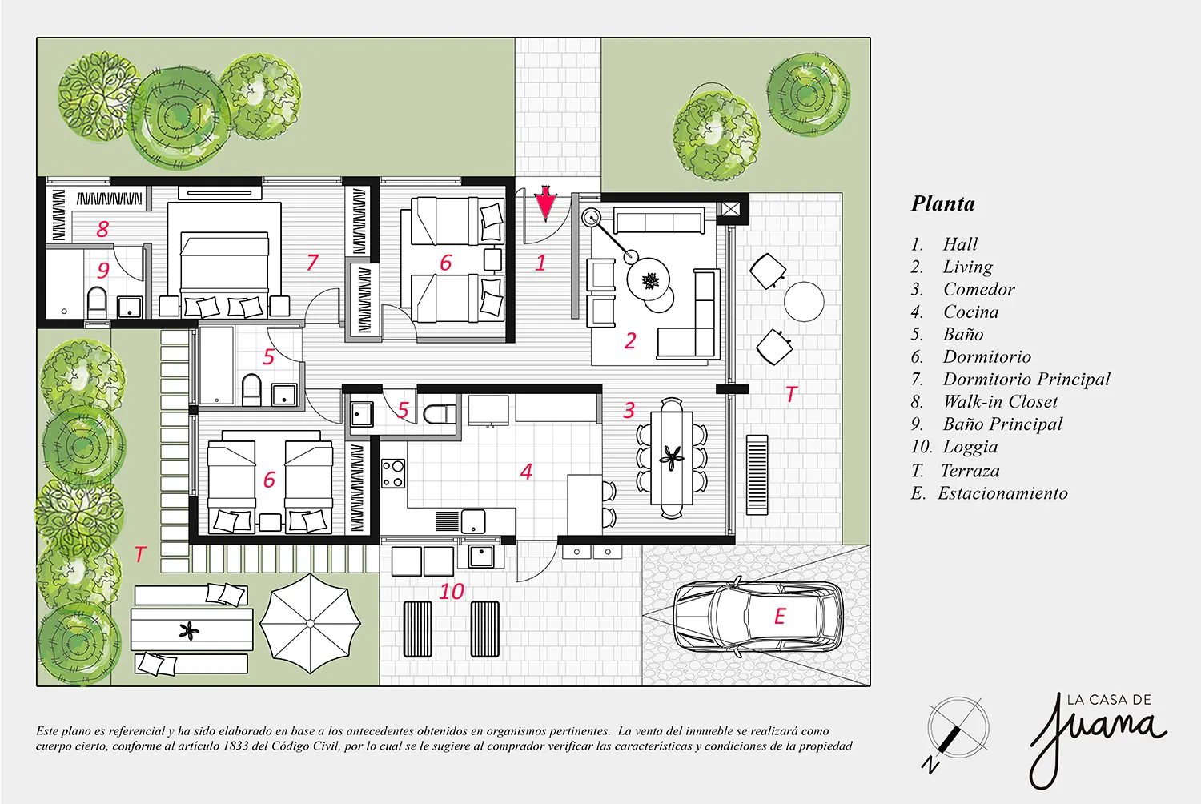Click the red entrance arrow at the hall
(x=546, y=203)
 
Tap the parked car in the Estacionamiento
(x=758, y=617)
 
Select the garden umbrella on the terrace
(x=310, y=623)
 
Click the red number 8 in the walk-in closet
(x=102, y=230)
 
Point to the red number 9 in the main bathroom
(x=103, y=270)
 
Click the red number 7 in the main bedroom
(x=312, y=263)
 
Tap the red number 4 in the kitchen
(x=526, y=472)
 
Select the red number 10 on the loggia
(x=452, y=592)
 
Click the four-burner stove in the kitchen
(x=393, y=473)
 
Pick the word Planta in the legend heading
(x=943, y=204)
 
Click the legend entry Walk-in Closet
(x=1001, y=401)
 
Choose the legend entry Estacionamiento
(x=1002, y=493)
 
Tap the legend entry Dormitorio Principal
(x=1026, y=380)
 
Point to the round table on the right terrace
(x=804, y=301)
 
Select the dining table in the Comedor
(x=671, y=457)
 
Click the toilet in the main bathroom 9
(x=97, y=303)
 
